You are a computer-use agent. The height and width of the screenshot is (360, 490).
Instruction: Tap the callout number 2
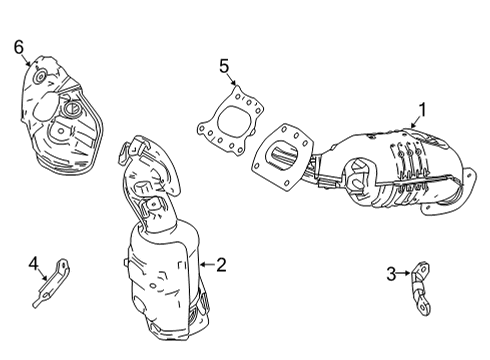tap(221, 265)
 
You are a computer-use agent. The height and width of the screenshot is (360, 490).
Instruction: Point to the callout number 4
tap(33, 264)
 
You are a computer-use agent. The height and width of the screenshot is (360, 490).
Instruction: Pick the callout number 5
tap(225, 67)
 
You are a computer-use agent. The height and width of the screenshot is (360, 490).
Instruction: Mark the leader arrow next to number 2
tap(206, 265)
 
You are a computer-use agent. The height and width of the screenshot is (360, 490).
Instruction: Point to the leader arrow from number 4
tap(43, 271)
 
